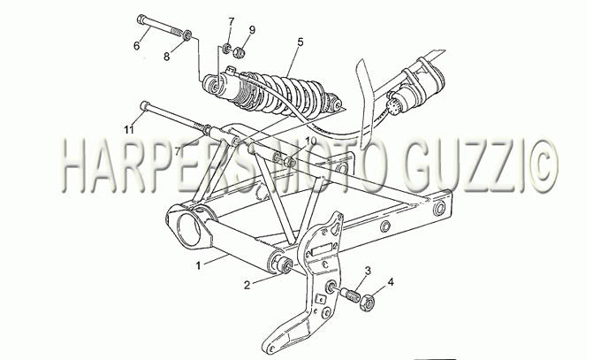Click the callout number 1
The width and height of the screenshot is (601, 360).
(x=198, y=265)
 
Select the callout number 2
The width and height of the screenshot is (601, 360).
(x=247, y=285)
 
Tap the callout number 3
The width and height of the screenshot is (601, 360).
(x=368, y=271)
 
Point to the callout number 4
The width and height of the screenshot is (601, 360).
(x=390, y=282)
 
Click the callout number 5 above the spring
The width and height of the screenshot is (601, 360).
(x=300, y=42)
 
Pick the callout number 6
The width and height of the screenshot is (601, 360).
(x=137, y=45)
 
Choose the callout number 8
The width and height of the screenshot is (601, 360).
(x=166, y=57)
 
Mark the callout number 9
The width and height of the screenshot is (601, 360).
(x=252, y=29)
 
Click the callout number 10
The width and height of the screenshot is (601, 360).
(x=311, y=141)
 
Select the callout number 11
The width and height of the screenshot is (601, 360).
(x=129, y=129)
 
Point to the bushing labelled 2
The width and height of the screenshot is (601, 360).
(x=285, y=264)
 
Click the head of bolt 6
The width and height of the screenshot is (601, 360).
(x=141, y=19)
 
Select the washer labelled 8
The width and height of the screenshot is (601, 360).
(x=187, y=34)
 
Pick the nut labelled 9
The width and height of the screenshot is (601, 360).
(x=240, y=52)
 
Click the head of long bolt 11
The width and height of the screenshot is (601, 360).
(x=145, y=105)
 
